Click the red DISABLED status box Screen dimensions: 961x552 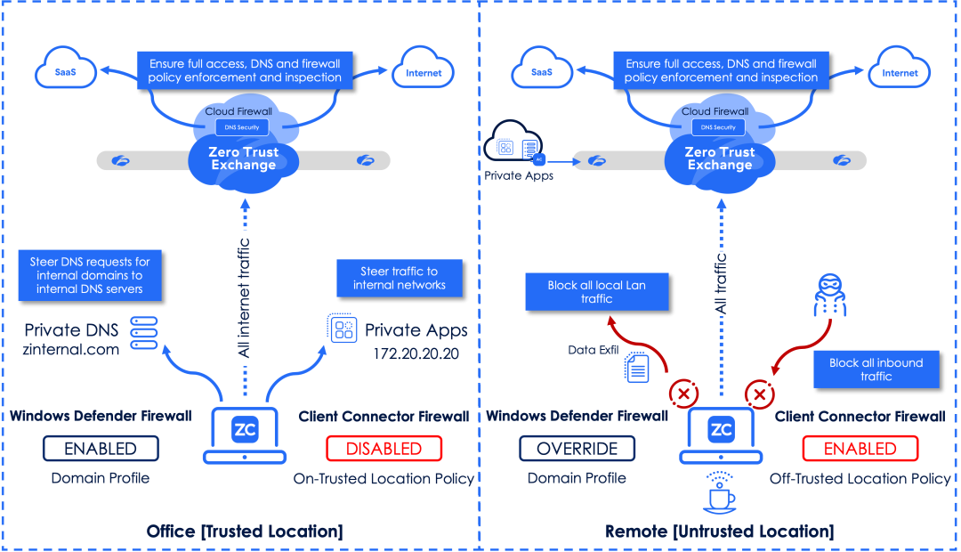(384, 449)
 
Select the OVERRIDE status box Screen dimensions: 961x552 (577, 449)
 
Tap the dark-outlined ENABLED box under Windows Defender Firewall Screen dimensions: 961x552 (101, 449)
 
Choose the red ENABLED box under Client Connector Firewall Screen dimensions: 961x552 (860, 449)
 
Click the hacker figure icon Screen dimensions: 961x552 (830, 295)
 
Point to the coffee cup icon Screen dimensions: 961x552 (719, 492)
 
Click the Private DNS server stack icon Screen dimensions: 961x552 (144, 333)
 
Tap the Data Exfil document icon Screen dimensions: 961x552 (637, 368)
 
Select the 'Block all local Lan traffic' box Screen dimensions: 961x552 (596, 292)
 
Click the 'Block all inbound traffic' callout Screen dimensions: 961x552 (876, 369)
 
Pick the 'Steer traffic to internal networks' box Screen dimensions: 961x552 (399, 278)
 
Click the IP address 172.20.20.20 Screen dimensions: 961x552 (416, 353)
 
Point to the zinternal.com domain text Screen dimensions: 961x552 (70, 350)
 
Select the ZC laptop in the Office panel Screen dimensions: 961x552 (245, 434)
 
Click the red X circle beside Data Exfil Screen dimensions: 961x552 (683, 394)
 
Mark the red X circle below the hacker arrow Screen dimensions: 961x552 (759, 394)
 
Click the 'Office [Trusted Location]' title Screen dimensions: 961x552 (245, 532)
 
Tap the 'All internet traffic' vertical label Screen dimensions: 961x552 (244, 298)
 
